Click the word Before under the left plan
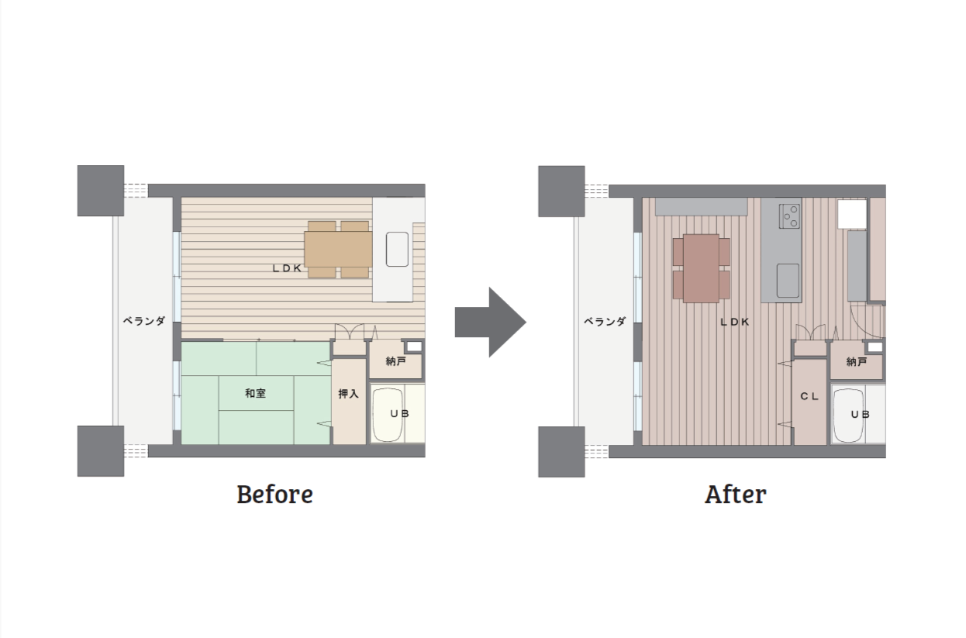(274, 494)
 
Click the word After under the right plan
(736, 494)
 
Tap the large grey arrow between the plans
(490, 322)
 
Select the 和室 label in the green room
(255, 393)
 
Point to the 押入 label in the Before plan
(348, 393)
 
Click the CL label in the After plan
(809, 396)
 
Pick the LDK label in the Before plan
(287, 268)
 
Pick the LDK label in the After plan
(735, 322)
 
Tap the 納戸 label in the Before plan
(395, 360)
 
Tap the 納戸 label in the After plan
(857, 361)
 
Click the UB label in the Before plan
(399, 414)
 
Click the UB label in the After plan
(860, 414)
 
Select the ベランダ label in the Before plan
(144, 321)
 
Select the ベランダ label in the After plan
(605, 321)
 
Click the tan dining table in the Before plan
(339, 249)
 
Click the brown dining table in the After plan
(701, 268)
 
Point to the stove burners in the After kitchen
(789, 216)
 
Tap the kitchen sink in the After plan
(788, 281)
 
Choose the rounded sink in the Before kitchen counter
(397, 249)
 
